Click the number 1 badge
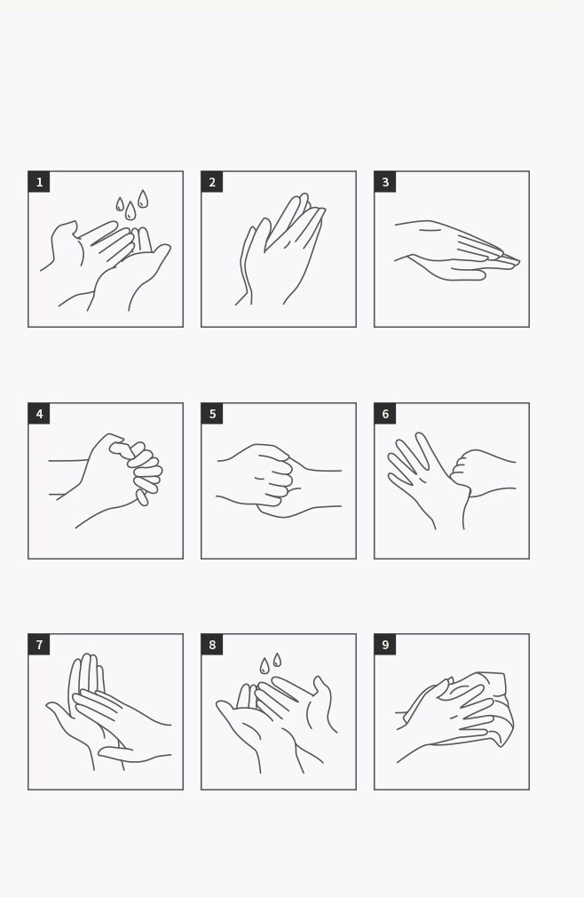coord(39,182)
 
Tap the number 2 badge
coord(212,182)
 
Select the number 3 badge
coord(385,182)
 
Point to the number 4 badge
coord(39,414)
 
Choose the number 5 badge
coord(212,414)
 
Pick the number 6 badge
coord(385,414)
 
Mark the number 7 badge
coord(39,645)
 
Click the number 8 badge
coord(212,645)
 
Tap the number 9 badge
coord(385,645)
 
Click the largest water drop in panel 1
coord(130,211)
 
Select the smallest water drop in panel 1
coord(120,204)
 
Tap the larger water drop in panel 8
coord(264,666)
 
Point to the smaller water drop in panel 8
coord(277,660)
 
